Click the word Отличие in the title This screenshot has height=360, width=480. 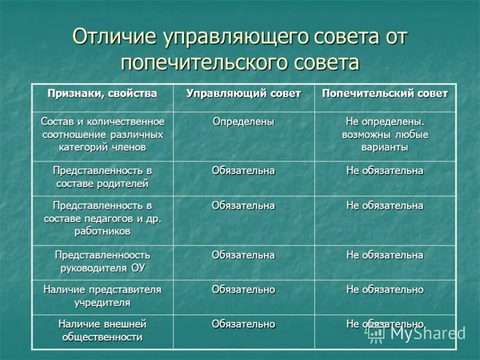[x=113, y=37]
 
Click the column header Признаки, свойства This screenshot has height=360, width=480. [x=103, y=94]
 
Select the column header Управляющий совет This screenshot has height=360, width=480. [x=244, y=94]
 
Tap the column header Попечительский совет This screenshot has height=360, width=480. [x=385, y=94]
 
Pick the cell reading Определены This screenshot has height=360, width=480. [x=244, y=122]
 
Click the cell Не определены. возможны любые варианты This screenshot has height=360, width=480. [x=385, y=134]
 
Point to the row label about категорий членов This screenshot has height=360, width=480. [x=103, y=134]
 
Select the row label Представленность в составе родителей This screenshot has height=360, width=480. [x=103, y=177]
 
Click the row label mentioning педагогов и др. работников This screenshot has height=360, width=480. [x=103, y=218]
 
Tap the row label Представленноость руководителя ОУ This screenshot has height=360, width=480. [x=103, y=262]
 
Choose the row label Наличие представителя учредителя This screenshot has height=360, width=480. [x=103, y=296]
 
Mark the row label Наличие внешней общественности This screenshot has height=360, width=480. [x=103, y=330]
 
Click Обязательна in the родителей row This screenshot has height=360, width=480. [x=244, y=171]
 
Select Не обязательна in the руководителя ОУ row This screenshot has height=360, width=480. [x=385, y=256]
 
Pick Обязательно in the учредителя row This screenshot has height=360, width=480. [x=244, y=290]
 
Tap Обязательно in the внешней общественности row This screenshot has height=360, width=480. [x=244, y=324]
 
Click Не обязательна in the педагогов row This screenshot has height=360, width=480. [x=385, y=206]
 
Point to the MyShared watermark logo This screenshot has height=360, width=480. [x=416, y=334]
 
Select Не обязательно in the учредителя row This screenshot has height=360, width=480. [x=385, y=290]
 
